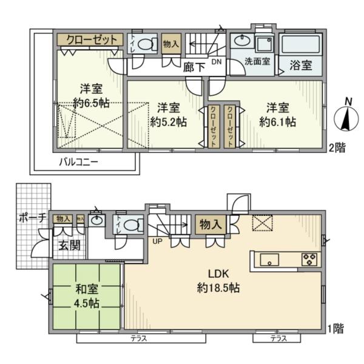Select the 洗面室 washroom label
257,61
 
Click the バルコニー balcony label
78,162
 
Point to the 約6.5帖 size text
91,103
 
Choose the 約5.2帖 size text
168,121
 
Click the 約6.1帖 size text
277,121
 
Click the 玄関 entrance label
69,246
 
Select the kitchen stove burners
308,260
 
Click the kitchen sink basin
269,260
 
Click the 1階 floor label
337,328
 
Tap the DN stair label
217,61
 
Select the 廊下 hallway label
193,67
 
